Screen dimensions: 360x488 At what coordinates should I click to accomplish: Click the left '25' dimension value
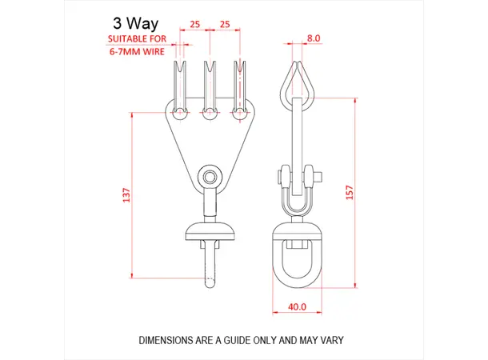pyautogui.click(x=195, y=25)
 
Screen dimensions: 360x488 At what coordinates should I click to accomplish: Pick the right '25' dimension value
pyautogui.click(x=225, y=25)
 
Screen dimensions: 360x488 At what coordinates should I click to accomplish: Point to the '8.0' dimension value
pyautogui.click(x=313, y=37)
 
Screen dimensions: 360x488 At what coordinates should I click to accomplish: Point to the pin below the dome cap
pyautogui.click(x=209, y=264)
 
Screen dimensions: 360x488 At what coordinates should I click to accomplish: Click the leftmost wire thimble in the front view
pyautogui.click(x=180, y=80)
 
